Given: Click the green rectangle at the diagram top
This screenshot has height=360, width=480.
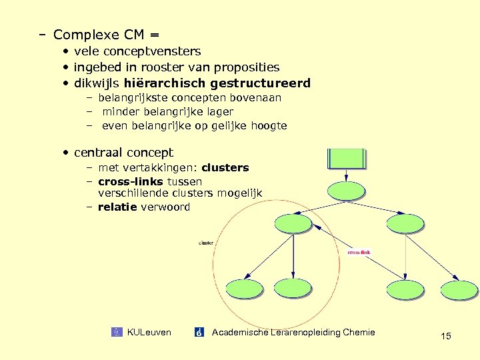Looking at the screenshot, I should pyautogui.click(x=347, y=159).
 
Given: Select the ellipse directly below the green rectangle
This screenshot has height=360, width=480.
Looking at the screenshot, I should pyautogui.click(x=347, y=190).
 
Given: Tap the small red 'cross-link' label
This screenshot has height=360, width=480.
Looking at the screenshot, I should pyautogui.click(x=359, y=253).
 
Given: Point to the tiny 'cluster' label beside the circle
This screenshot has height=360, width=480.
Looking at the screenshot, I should pyautogui.click(x=206, y=243).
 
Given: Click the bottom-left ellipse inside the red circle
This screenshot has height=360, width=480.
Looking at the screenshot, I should pyautogui.click(x=244, y=288).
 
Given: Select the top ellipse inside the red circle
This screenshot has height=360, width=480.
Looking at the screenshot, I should pyautogui.click(x=293, y=223).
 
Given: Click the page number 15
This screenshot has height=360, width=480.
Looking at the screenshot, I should pyautogui.click(x=445, y=336).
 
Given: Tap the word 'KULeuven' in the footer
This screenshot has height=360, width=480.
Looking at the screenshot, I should pyautogui.click(x=149, y=332).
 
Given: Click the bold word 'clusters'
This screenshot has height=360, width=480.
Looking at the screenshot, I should pyautogui.click(x=225, y=167).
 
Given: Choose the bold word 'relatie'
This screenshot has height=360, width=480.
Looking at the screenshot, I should pyautogui.click(x=118, y=207).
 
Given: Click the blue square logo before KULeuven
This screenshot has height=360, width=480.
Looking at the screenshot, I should pyautogui.click(x=117, y=332).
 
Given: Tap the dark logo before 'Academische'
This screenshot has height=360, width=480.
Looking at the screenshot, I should pyautogui.click(x=199, y=332).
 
